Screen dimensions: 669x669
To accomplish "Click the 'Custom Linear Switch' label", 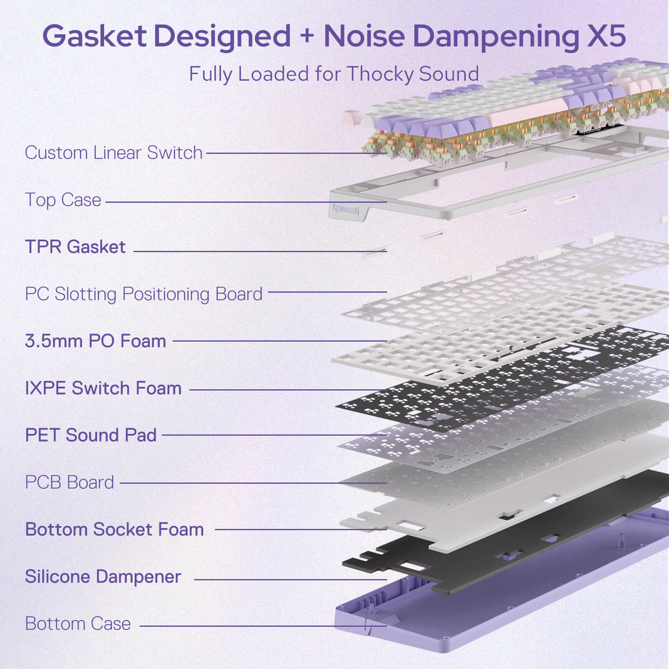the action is click(114, 153).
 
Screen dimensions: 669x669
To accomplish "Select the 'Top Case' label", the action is click(63, 200).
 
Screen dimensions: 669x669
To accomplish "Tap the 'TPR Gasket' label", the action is click(75, 247).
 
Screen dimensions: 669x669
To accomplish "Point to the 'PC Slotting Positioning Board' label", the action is click(144, 294).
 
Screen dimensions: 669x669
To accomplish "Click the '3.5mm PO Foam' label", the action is click(95, 341).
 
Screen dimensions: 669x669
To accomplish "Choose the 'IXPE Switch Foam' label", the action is click(103, 388).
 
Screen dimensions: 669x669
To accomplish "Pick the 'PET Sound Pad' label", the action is click(91, 435).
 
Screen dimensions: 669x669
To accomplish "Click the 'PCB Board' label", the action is click(70, 482).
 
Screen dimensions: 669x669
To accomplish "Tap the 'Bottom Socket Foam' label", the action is click(114, 530).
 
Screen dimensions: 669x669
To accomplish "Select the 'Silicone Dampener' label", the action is click(103, 576).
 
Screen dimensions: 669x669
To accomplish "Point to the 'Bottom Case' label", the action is click(77, 623).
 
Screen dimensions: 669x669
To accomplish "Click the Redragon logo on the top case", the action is click(346, 210).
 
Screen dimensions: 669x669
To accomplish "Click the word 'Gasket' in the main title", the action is click(94, 36).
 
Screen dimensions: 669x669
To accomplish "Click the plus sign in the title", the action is click(307, 36).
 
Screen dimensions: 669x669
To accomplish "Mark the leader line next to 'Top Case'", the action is click(246, 202).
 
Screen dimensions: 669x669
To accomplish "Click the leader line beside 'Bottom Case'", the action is click(263, 626).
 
